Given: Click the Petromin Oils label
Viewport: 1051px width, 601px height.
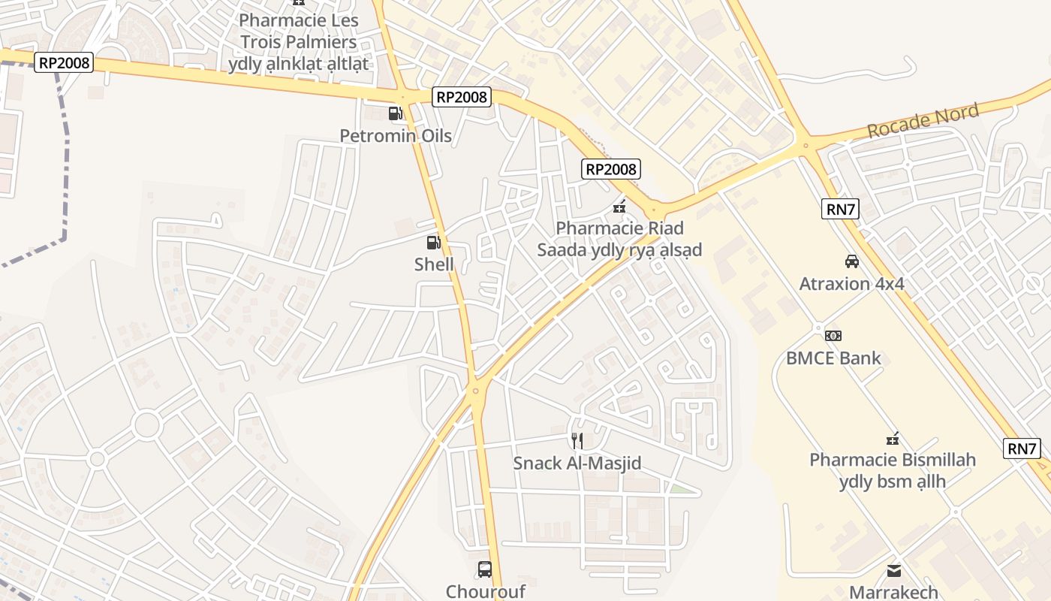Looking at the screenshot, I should pyautogui.click(x=396, y=136).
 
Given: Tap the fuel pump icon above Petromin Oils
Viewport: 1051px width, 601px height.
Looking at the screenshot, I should pyautogui.click(x=395, y=113).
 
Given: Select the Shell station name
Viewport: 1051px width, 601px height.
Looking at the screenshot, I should pyautogui.click(x=434, y=264).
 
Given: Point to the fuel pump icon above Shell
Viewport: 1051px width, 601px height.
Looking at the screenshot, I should pyautogui.click(x=433, y=242).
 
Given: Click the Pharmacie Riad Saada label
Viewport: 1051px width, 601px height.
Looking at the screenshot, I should pyautogui.click(x=619, y=239).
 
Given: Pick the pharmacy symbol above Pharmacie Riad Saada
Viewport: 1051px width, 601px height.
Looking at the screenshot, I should pyautogui.click(x=619, y=206).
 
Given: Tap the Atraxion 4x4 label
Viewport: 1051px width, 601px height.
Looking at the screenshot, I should pyautogui.click(x=851, y=284).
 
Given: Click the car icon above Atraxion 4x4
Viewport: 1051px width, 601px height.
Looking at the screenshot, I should pyautogui.click(x=851, y=261).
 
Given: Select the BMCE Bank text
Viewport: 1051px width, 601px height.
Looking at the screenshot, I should pyautogui.click(x=833, y=358).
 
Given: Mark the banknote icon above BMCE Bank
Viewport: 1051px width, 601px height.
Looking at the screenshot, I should pyautogui.click(x=833, y=335).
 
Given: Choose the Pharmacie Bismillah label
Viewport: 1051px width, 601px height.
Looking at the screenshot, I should pyautogui.click(x=892, y=470).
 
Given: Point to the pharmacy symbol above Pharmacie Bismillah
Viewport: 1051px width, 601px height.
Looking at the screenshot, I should pyautogui.click(x=893, y=438).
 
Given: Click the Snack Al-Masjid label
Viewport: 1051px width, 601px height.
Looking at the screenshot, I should pyautogui.click(x=577, y=464).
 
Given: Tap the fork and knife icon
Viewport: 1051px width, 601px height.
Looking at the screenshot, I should pyautogui.click(x=577, y=441).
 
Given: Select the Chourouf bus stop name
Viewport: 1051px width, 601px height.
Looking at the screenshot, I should pyautogui.click(x=484, y=591).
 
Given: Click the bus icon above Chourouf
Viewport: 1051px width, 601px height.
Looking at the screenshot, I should pyautogui.click(x=484, y=569).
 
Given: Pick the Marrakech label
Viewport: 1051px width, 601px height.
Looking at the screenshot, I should pyautogui.click(x=893, y=592).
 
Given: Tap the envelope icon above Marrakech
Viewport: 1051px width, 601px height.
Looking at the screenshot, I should pyautogui.click(x=893, y=571).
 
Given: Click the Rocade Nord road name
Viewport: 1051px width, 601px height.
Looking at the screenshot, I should pyautogui.click(x=923, y=122).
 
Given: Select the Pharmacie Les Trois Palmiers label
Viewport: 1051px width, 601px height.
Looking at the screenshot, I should pyautogui.click(x=298, y=42).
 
